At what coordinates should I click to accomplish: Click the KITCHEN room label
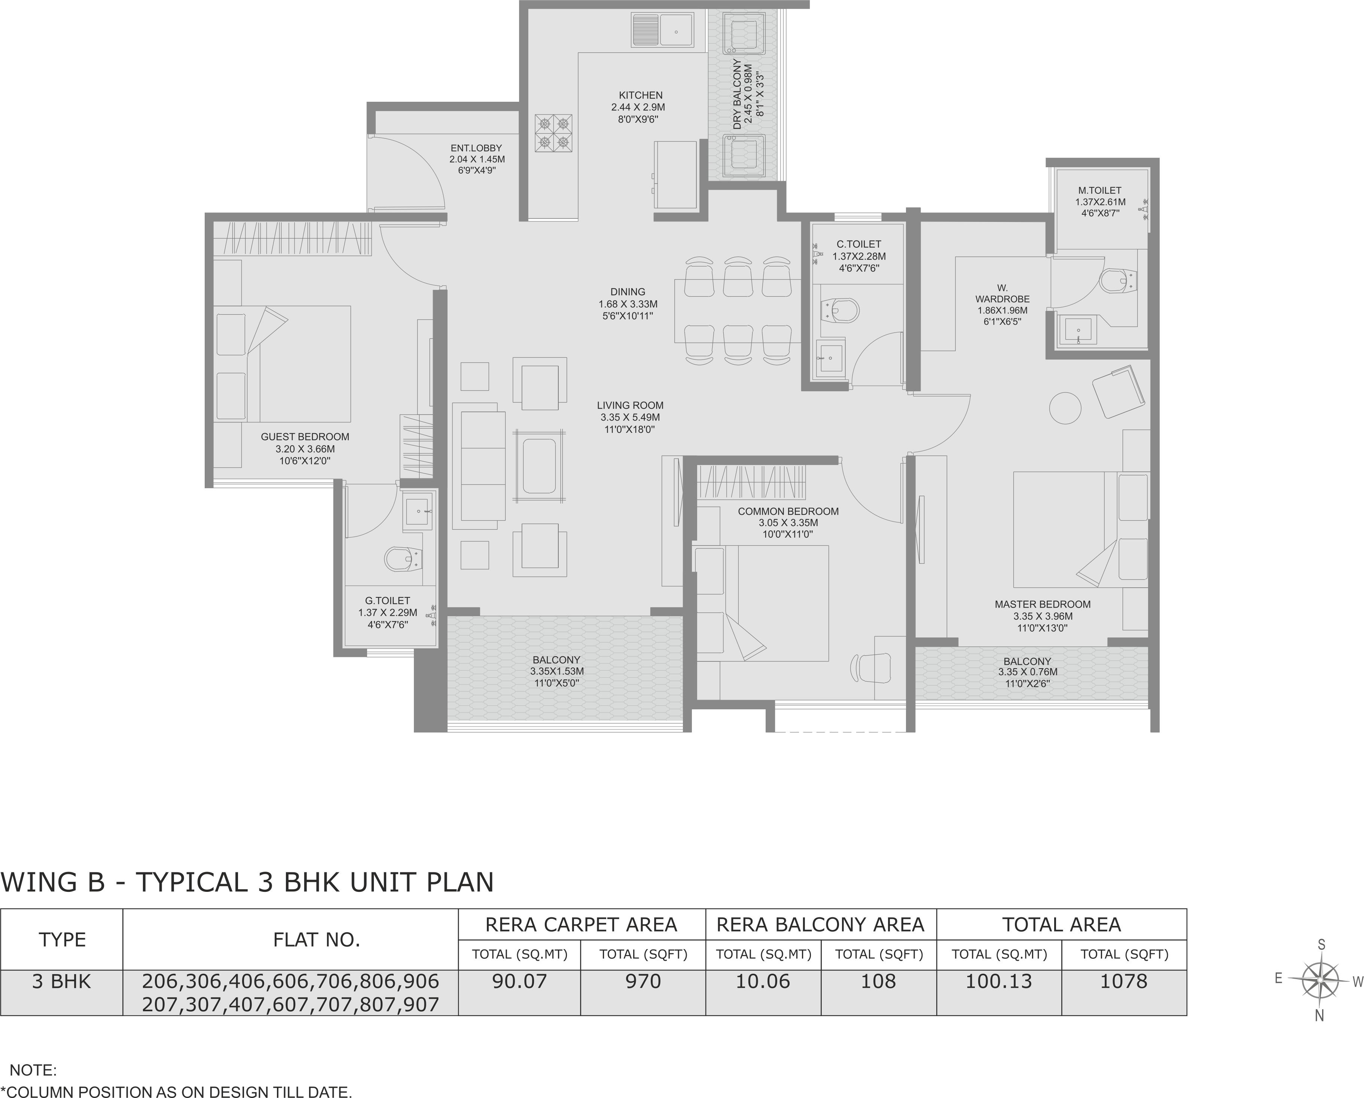coord(640,95)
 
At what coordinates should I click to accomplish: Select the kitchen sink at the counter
coord(662,30)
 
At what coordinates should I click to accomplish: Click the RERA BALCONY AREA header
coord(820,925)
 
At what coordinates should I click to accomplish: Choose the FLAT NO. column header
coord(316,940)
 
